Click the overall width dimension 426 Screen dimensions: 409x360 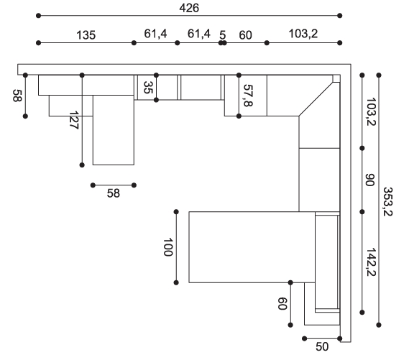tap(189, 8)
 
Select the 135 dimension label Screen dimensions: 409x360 tap(86, 35)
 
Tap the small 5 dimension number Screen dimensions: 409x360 tap(222, 35)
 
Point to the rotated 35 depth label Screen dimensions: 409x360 tap(148, 88)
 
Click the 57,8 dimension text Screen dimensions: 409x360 tap(248, 96)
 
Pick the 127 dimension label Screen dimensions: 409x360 tap(74, 120)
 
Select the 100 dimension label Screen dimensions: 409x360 tap(167, 247)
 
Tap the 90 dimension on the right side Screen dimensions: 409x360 tap(369, 180)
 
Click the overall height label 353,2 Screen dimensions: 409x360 tap(387, 201)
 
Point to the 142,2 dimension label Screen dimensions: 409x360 tap(371, 262)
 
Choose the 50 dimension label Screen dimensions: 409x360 tap(322, 346)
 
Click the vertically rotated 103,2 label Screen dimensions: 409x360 tap(371, 111)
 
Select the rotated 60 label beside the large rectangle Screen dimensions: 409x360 tap(282, 304)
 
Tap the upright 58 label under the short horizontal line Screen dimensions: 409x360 tap(114, 193)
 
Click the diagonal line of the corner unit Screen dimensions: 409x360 tap(316, 99)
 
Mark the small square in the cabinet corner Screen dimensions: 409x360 tap(336, 78)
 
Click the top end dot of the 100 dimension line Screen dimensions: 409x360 tap(176, 212)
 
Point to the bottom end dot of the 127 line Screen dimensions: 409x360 tap(82, 165)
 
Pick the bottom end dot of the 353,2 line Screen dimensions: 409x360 tap(379, 325)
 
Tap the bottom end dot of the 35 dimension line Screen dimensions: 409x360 tap(156, 100)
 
